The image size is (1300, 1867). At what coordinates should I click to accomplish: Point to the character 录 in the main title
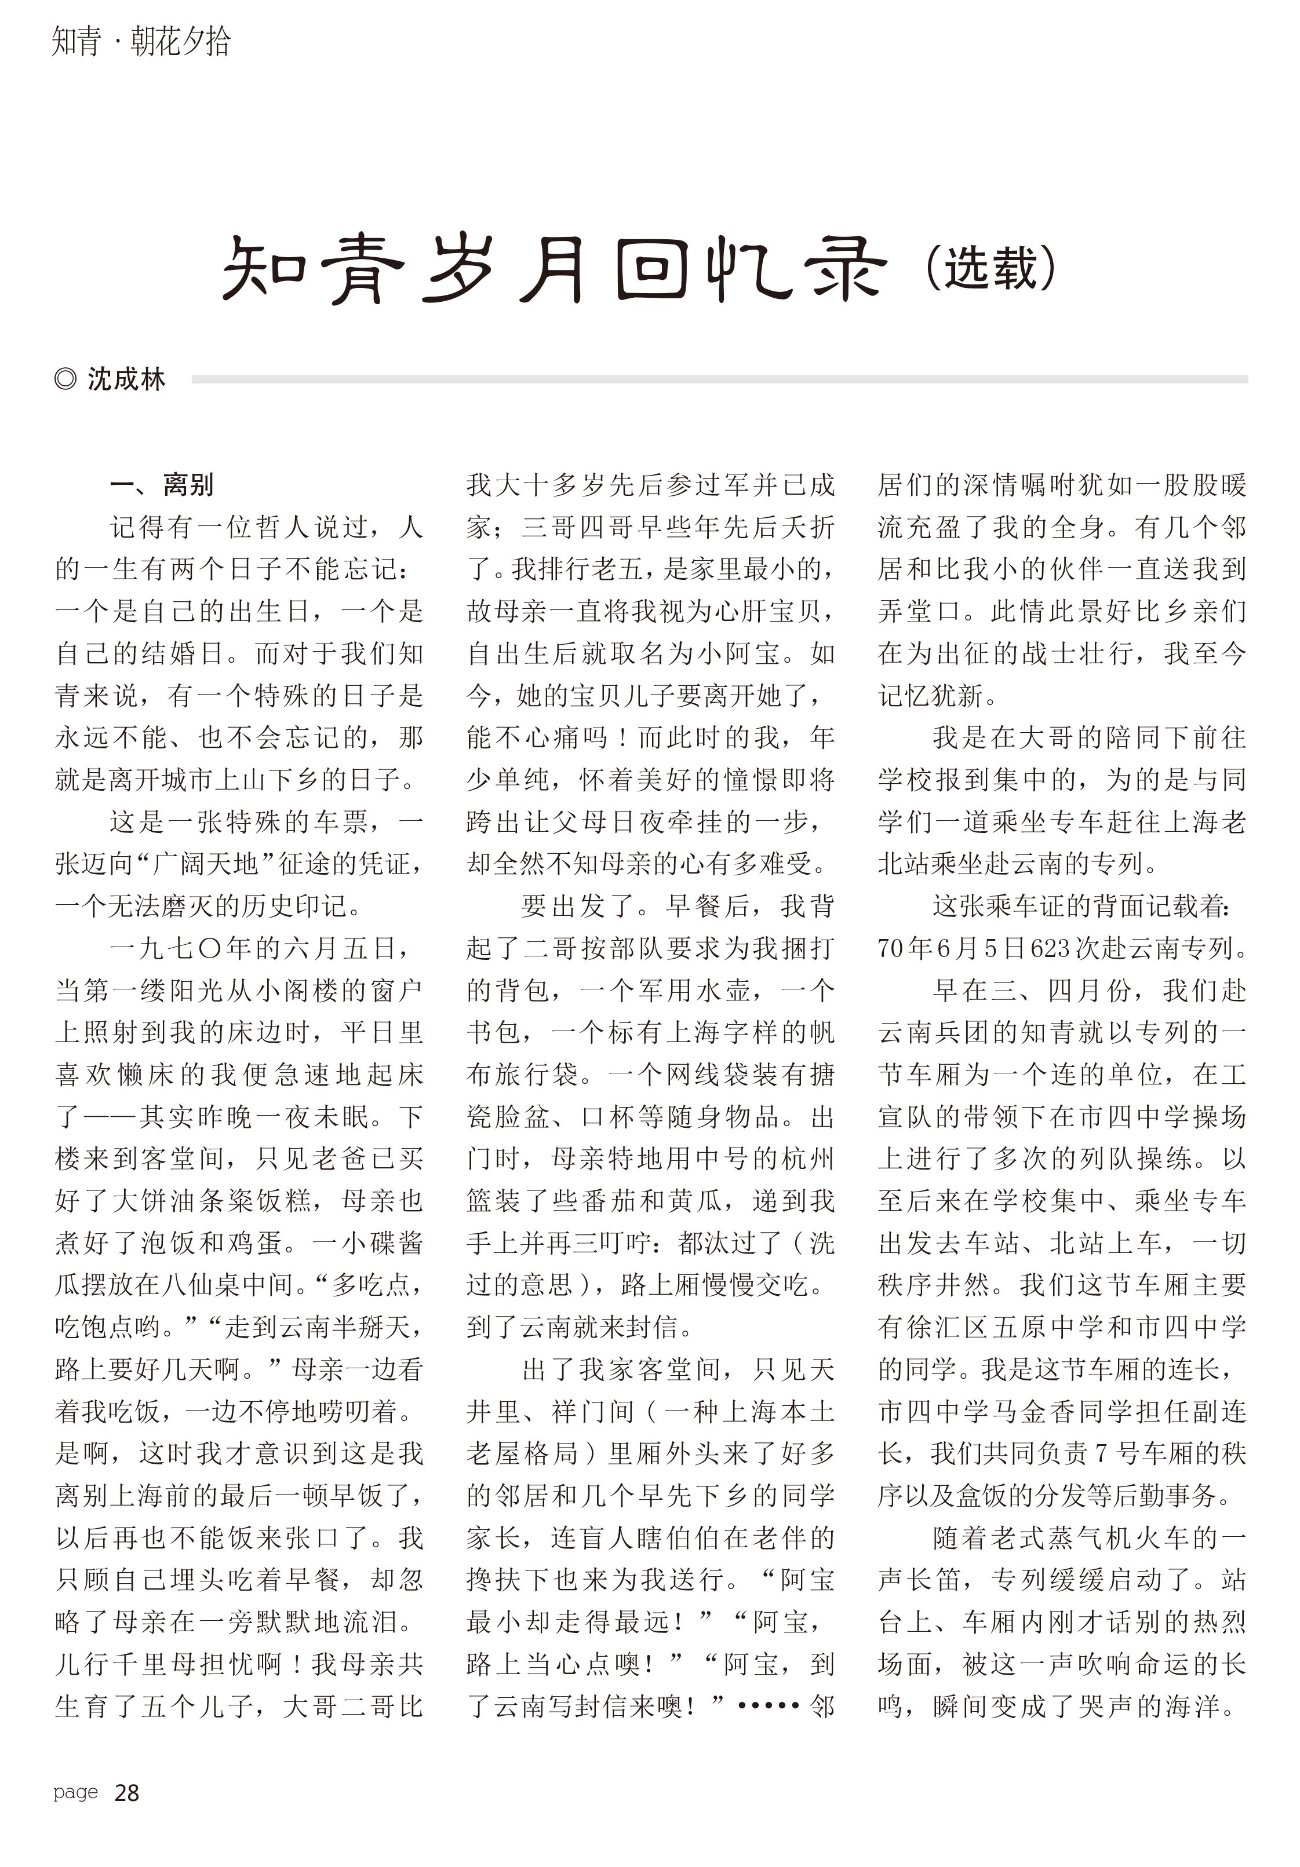(841, 268)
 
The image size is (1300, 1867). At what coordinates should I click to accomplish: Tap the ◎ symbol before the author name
(65, 379)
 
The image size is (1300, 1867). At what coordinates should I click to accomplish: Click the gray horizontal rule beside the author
(719, 379)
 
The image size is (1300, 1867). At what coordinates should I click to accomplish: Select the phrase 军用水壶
(682, 991)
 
